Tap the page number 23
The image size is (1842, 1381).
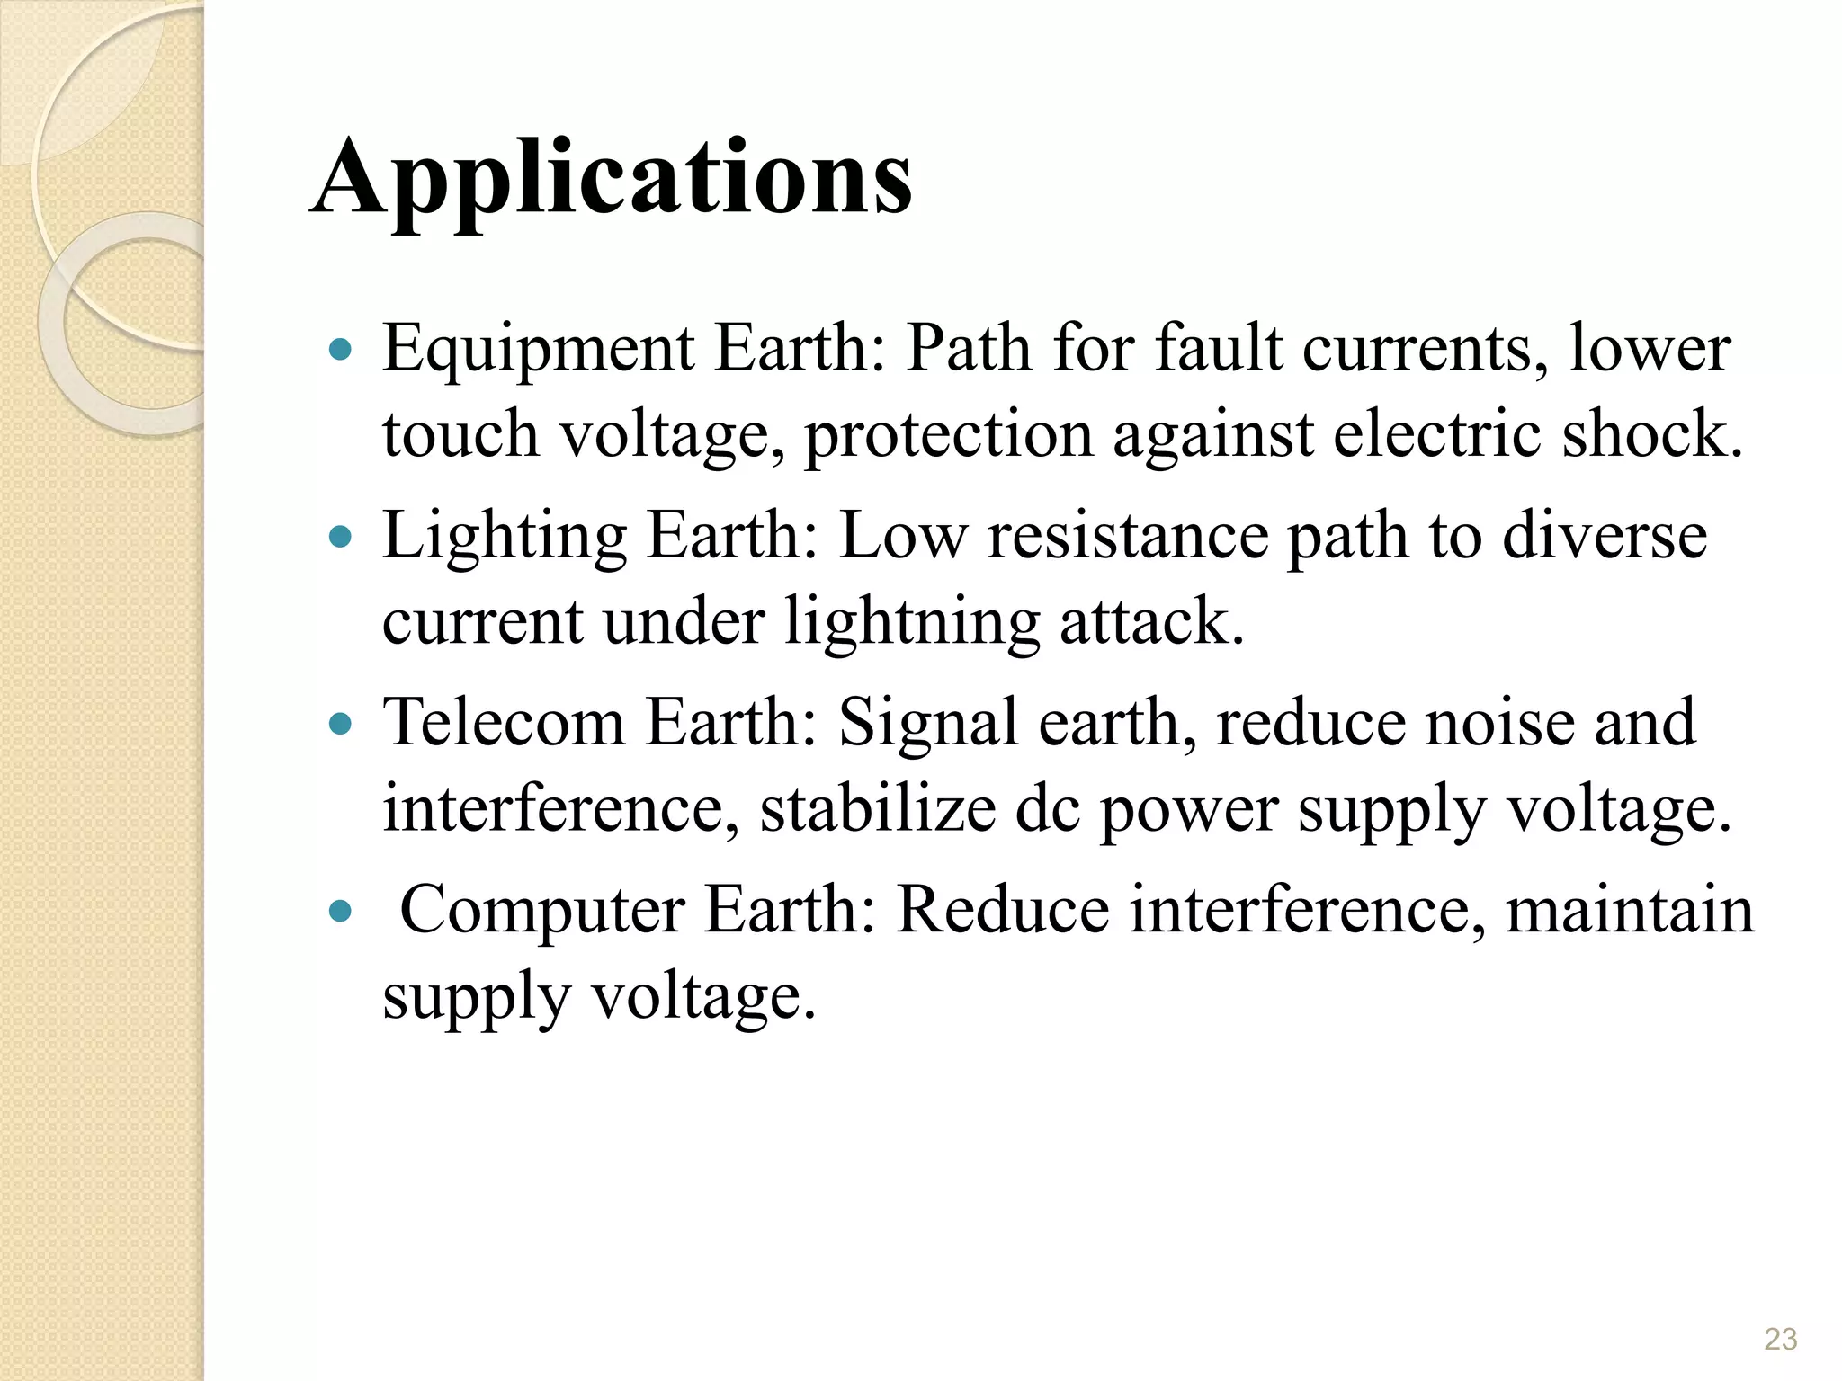pyautogui.click(x=1780, y=1339)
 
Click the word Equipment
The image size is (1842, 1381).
pyautogui.click(x=538, y=351)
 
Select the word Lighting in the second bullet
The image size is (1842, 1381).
pyautogui.click(x=504, y=538)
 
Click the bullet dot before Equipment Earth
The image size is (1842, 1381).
pyautogui.click(x=340, y=350)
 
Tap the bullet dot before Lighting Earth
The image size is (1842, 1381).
pyautogui.click(x=340, y=538)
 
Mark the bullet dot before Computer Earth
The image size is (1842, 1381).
pyautogui.click(x=340, y=912)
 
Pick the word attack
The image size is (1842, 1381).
pyautogui.click(x=1151, y=622)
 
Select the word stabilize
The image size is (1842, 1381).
pyautogui.click(x=878, y=809)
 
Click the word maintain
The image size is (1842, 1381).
pyautogui.click(x=1630, y=910)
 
